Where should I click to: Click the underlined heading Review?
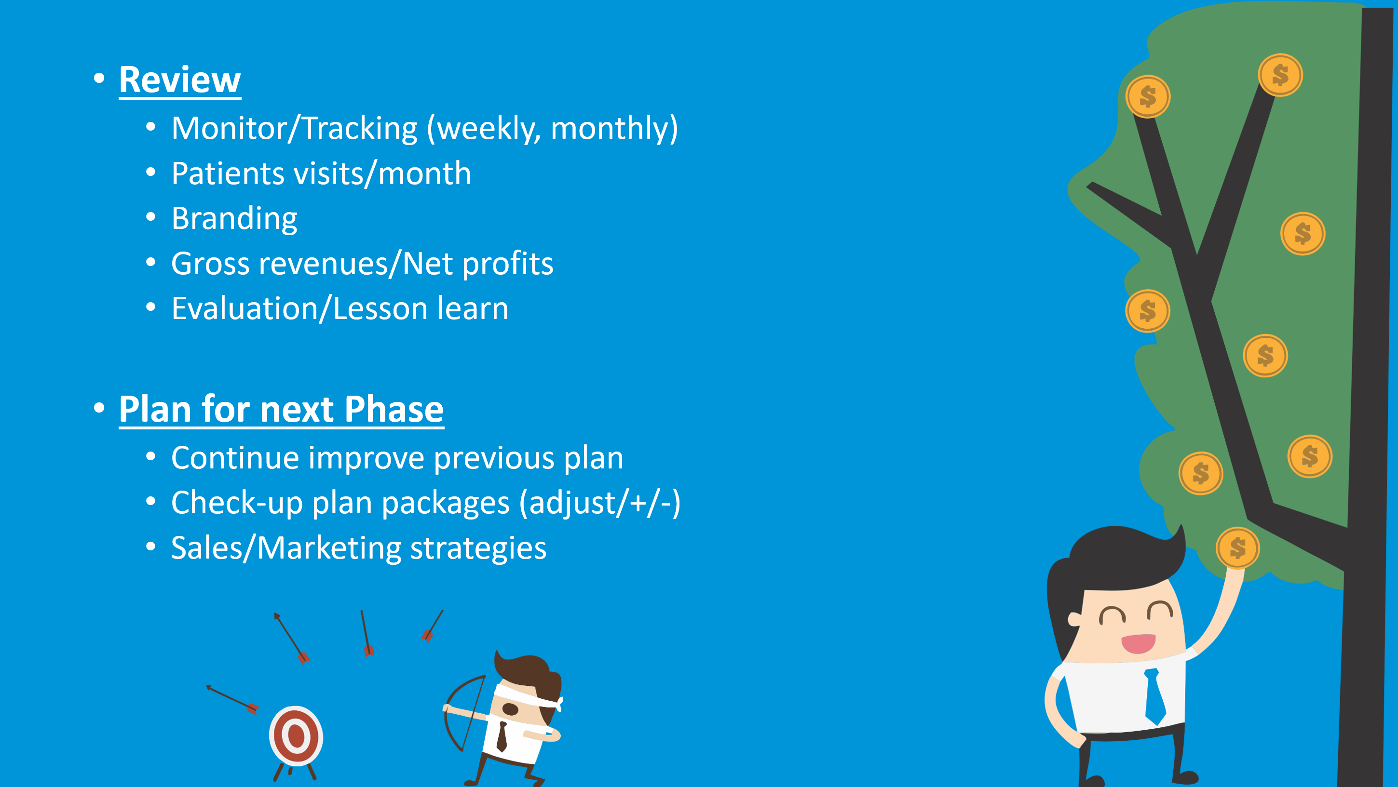[x=180, y=80]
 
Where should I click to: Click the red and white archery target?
[x=296, y=736]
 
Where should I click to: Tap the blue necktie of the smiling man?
[x=1154, y=696]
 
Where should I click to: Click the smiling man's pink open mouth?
[x=1138, y=644]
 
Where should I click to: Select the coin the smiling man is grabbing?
[x=1238, y=548]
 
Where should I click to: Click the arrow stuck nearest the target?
[x=233, y=699]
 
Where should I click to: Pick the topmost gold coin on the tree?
[x=1280, y=75]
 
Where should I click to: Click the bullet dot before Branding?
[x=151, y=217]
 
